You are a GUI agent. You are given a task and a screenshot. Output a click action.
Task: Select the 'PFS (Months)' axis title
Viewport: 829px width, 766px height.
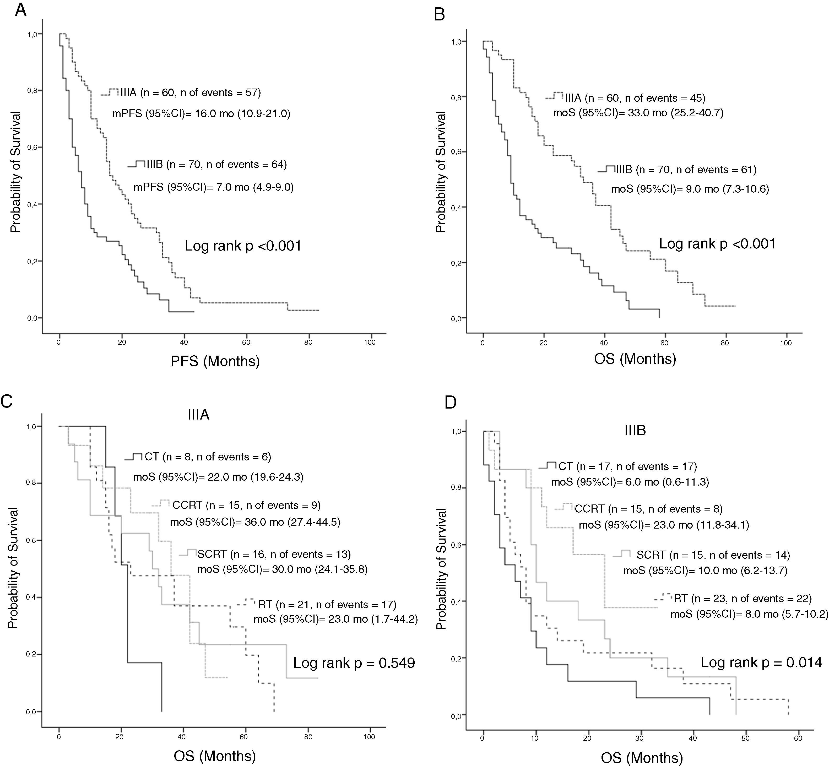(215, 361)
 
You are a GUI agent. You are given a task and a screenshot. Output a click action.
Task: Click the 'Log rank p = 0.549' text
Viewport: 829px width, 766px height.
(354, 663)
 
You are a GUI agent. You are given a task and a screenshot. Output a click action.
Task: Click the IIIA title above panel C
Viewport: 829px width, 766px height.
(198, 415)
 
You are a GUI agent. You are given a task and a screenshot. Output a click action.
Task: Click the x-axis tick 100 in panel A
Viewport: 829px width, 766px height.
(370, 342)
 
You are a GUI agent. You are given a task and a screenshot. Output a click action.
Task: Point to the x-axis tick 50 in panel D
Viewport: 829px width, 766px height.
(745, 738)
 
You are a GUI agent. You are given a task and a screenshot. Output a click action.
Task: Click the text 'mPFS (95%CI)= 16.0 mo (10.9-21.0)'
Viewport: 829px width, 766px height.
(201, 113)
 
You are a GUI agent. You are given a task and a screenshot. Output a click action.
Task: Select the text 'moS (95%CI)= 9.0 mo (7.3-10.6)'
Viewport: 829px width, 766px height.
(690, 189)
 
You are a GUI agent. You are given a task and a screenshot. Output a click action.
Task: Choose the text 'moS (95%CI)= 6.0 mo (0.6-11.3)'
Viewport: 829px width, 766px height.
(630, 482)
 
